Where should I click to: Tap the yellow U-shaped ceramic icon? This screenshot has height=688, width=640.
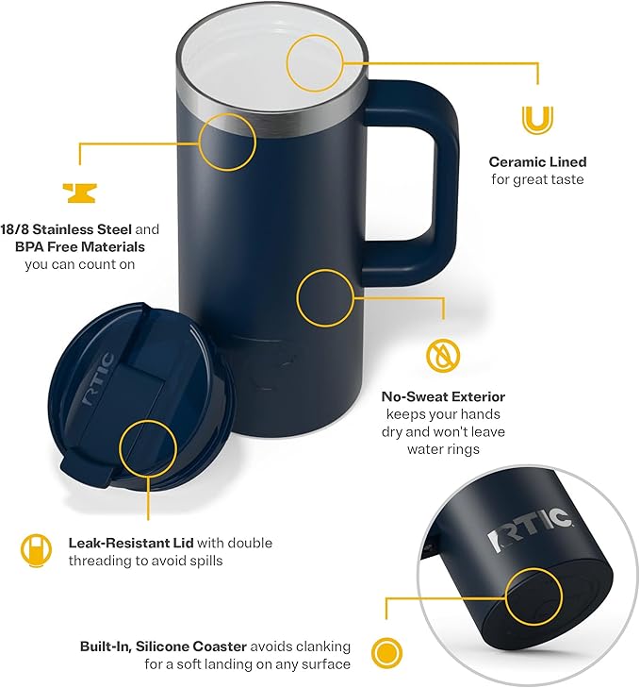pyautogui.click(x=537, y=121)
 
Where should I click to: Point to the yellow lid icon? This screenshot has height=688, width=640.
pyautogui.click(x=35, y=549)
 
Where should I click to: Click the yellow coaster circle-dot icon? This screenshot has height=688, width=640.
pyautogui.click(x=384, y=652)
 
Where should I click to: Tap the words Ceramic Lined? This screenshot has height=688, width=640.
pyautogui.click(x=537, y=162)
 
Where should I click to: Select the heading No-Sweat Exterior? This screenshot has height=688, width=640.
pyautogui.click(x=443, y=397)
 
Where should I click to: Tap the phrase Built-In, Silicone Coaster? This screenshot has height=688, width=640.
pyautogui.click(x=163, y=646)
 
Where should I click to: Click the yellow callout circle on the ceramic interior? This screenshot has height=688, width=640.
pyautogui.click(x=319, y=62)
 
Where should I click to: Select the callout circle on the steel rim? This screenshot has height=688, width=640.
pyautogui.click(x=227, y=142)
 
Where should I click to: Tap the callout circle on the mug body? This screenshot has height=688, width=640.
pyautogui.click(x=325, y=297)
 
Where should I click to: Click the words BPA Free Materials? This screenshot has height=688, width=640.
pyautogui.click(x=79, y=246)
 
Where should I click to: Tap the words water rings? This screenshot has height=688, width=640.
pyautogui.click(x=443, y=449)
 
